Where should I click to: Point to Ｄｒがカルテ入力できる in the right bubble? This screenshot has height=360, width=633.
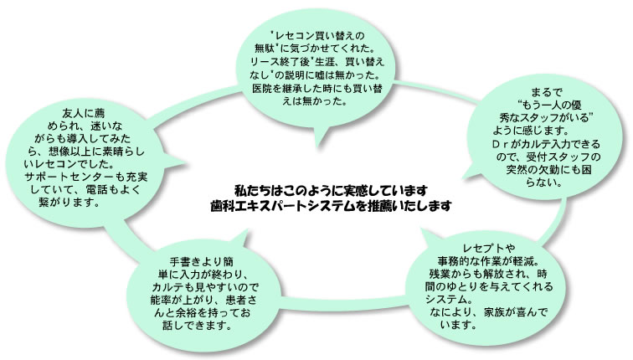[543, 145]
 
